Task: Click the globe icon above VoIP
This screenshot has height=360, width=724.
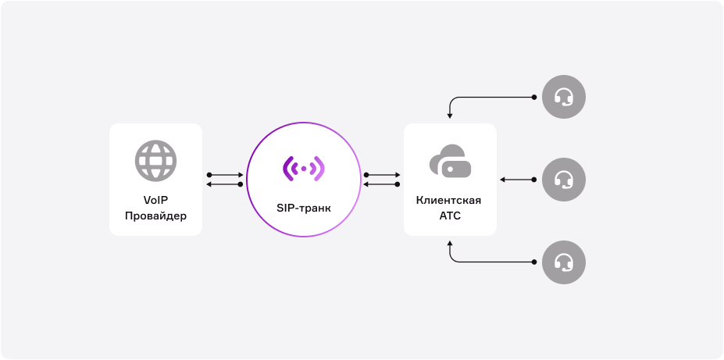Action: pos(155,160)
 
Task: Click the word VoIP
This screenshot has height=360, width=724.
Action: pos(155,200)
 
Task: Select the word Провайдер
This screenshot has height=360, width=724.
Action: pos(155,215)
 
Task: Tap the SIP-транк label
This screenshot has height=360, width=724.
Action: pos(304,209)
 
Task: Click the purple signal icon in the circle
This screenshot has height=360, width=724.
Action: pos(304,168)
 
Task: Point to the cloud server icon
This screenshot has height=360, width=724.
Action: pos(450,160)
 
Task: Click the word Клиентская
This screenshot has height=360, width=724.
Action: pos(450,201)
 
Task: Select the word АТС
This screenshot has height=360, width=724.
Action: pos(450,215)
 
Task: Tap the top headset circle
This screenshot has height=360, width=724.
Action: pos(563,97)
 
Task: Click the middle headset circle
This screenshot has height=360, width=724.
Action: pos(563,180)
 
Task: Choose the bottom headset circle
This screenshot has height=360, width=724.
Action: pos(563,262)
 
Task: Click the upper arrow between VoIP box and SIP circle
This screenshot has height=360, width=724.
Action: pos(225,175)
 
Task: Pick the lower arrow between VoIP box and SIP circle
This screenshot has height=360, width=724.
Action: pos(225,184)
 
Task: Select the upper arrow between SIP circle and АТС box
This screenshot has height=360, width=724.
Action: pos(382,175)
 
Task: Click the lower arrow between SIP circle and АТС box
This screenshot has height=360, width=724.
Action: pos(382,184)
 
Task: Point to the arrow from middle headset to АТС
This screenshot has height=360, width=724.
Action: pos(517,180)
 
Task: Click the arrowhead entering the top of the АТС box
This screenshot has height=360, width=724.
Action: pos(450,116)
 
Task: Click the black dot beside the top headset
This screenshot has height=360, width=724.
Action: pos(534,98)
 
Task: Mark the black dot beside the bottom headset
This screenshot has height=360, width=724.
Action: pos(534,262)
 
